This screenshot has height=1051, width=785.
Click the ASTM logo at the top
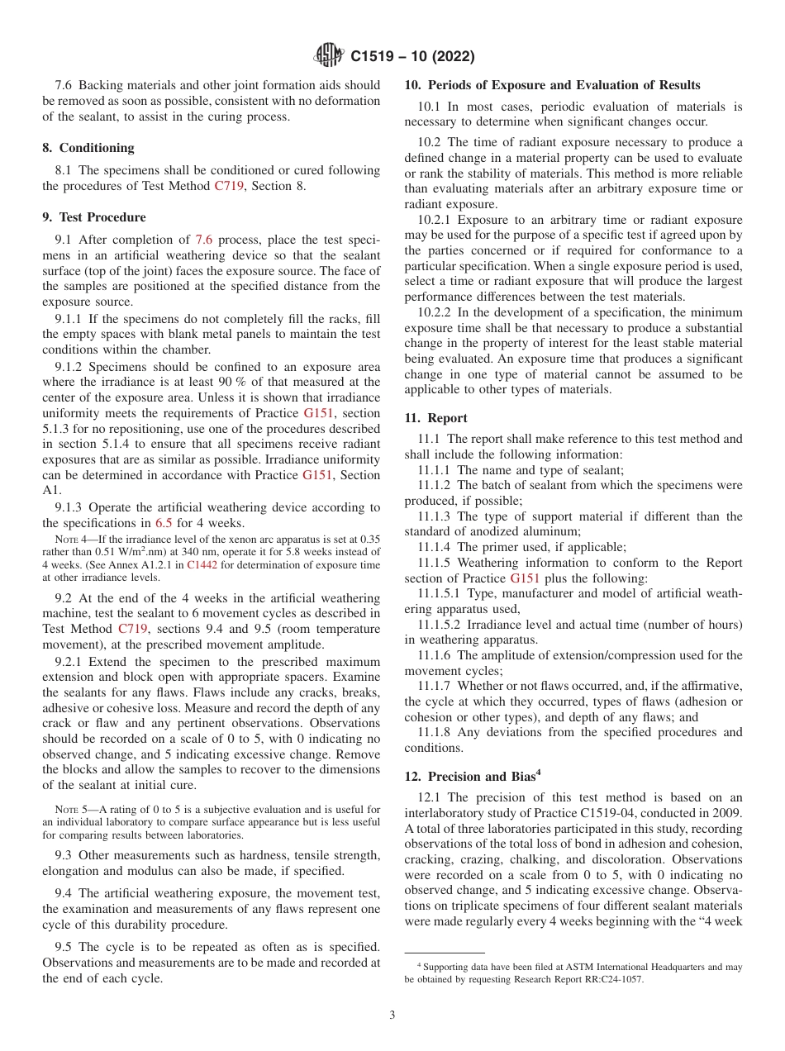click(x=330, y=56)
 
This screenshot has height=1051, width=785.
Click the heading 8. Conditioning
click(x=88, y=148)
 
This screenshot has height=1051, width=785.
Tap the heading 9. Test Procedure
click(x=94, y=217)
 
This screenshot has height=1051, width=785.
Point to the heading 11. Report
click(x=435, y=418)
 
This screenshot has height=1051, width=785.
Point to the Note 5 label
click(x=70, y=810)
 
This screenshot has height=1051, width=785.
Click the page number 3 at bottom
click(x=392, y=1015)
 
